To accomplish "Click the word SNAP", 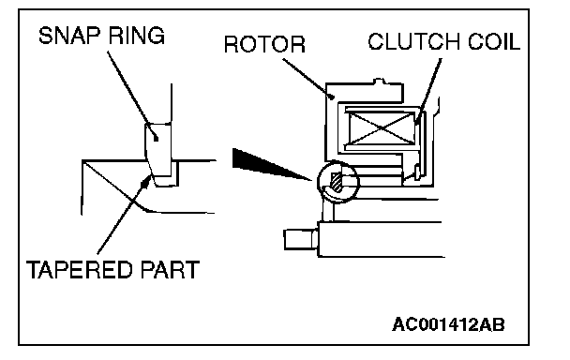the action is (68, 36).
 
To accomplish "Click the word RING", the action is (137, 36).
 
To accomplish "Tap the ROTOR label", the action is (264, 44).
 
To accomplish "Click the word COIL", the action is (494, 41).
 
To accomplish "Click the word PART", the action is (169, 269).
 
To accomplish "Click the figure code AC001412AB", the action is (448, 324).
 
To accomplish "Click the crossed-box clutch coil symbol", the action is (382, 127).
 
